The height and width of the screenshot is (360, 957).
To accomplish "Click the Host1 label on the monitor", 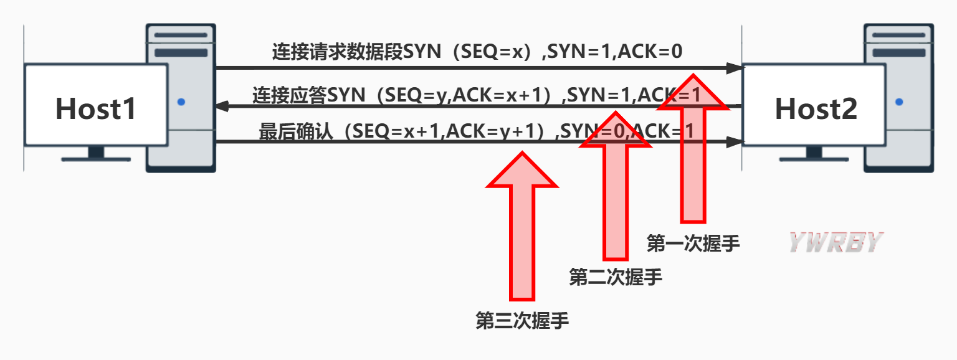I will click(x=95, y=108).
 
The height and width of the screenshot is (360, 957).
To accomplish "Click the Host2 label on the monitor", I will click(x=816, y=108).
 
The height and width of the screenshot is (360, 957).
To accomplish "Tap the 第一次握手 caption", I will click(x=693, y=244).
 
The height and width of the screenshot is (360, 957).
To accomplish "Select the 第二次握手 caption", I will click(x=616, y=277).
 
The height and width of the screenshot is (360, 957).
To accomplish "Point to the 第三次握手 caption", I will click(x=522, y=321).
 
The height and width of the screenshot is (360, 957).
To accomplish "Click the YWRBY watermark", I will click(x=836, y=242).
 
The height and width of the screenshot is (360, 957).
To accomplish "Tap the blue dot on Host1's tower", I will click(x=181, y=102).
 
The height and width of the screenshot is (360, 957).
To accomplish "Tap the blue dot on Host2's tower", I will click(x=898, y=102).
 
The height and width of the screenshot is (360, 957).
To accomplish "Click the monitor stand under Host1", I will click(x=96, y=154).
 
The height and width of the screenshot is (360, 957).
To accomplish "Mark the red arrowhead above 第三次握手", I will click(x=522, y=171).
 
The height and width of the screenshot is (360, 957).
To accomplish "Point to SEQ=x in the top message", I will click(x=490, y=52).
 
